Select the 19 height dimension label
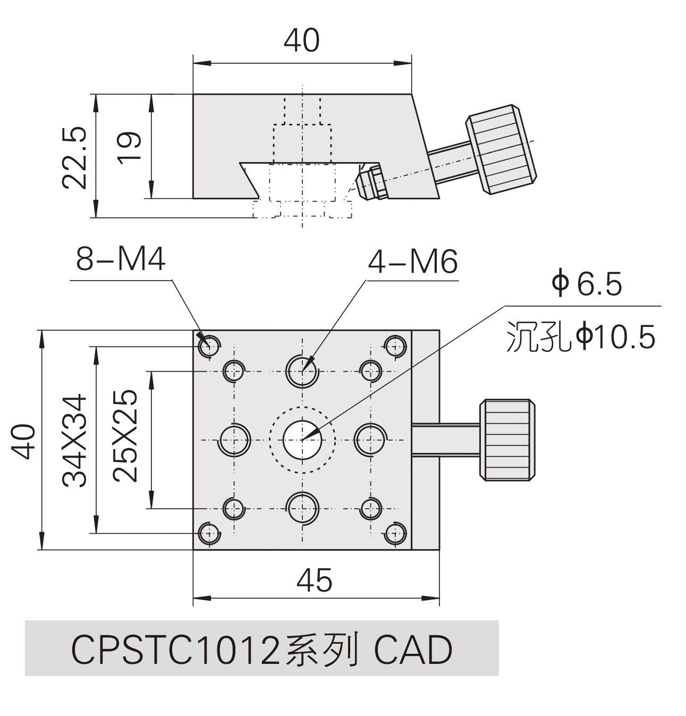click(x=130, y=147)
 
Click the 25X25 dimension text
click(x=125, y=436)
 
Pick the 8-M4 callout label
click(x=121, y=260)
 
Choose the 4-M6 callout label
click(x=413, y=262)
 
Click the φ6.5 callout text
click(x=587, y=284)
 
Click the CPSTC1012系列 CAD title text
click(x=261, y=650)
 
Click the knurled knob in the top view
click(x=507, y=440)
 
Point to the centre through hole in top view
click(x=302, y=439)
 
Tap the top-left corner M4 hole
click(x=209, y=346)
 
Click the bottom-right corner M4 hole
click(x=395, y=533)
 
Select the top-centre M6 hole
click(x=302, y=370)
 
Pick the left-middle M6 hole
click(x=234, y=440)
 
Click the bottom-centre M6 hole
click(x=302, y=508)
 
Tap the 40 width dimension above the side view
click(x=301, y=40)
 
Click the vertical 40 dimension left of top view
click(x=25, y=441)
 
